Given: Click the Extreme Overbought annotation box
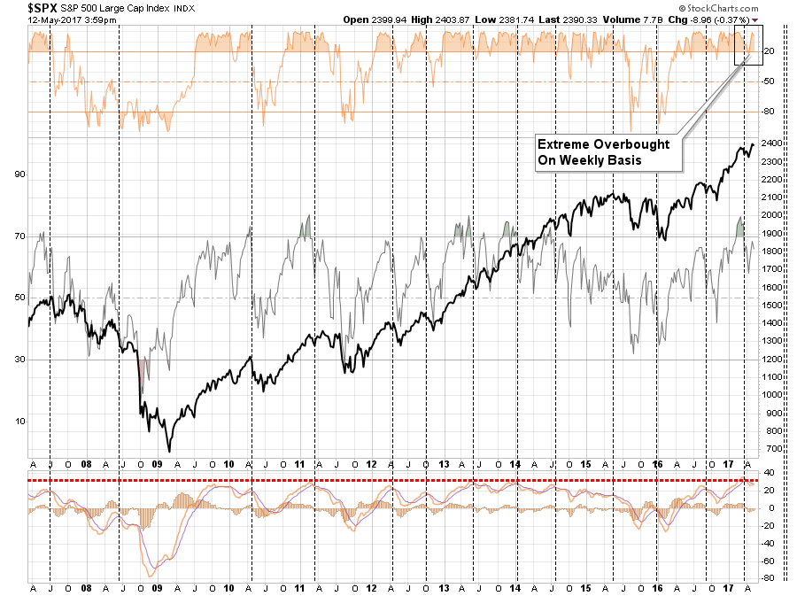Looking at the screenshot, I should (x=607, y=152).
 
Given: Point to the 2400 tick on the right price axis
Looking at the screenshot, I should (x=771, y=143).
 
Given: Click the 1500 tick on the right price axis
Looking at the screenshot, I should (x=771, y=306).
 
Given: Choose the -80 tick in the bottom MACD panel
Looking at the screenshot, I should (x=769, y=578).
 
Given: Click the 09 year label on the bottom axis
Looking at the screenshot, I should (x=156, y=463).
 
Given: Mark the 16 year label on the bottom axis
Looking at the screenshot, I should (x=658, y=463).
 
